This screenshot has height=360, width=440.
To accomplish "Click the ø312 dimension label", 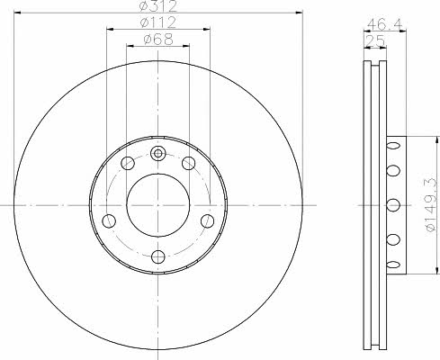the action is [158, 6].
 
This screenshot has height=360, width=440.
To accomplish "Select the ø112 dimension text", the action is [158, 22].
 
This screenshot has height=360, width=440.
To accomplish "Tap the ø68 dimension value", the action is [158, 40].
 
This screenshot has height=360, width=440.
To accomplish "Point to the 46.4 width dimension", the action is [385, 24].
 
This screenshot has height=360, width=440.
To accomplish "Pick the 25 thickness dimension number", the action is [376, 40].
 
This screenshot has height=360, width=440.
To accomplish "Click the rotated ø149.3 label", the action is [430, 204].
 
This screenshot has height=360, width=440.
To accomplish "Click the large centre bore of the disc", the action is [158, 205].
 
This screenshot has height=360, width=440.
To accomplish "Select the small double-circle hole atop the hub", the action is [158, 154].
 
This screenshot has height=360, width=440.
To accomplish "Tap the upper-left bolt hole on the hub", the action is [128, 163].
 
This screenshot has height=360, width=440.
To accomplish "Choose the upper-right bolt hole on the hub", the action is [189, 163].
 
